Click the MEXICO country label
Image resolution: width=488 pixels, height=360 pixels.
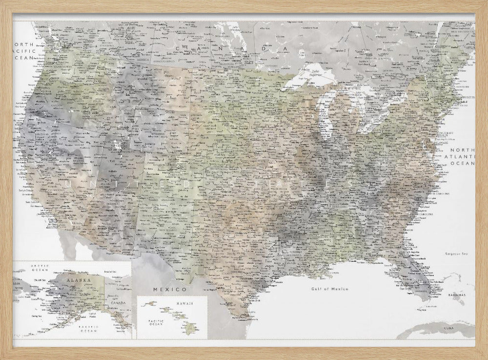click(x=163, y=290)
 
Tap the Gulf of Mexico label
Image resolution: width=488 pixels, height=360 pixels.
click(x=330, y=289)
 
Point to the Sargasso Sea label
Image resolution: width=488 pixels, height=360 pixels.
click(x=456, y=254)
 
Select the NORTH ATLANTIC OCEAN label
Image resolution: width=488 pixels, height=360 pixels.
click(x=462, y=156)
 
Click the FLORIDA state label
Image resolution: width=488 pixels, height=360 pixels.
click(x=409, y=270)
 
